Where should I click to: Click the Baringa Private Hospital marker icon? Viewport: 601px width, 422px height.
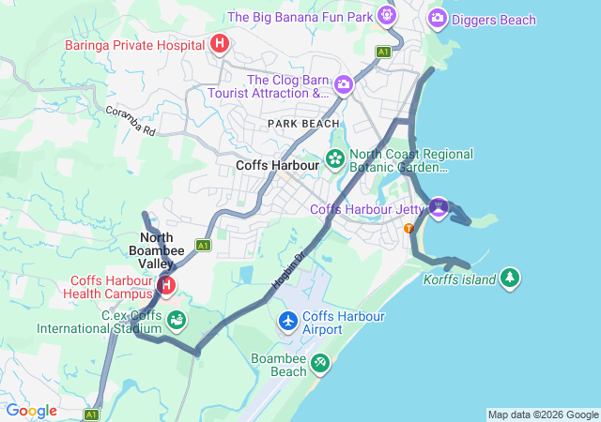click(x=220, y=43)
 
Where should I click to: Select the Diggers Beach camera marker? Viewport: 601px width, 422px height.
click(x=437, y=18)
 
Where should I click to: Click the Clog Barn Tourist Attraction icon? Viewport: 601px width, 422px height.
click(x=344, y=84)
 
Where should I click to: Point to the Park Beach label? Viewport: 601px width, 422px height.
click(x=303, y=124)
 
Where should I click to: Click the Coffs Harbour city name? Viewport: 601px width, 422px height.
click(x=278, y=164)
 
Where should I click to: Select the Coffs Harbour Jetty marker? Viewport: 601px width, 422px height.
click(x=438, y=205)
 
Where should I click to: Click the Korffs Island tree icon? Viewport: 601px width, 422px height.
click(x=510, y=278)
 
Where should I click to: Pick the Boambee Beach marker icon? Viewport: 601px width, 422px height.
click(x=320, y=362)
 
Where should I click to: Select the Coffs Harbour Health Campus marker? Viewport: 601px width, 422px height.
click(x=166, y=284)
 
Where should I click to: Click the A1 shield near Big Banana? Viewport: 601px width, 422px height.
click(x=383, y=52)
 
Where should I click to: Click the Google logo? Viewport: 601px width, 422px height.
click(x=31, y=411)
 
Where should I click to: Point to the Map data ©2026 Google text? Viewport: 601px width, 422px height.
click(x=542, y=414)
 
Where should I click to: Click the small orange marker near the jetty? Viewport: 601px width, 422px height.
click(x=408, y=228)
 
